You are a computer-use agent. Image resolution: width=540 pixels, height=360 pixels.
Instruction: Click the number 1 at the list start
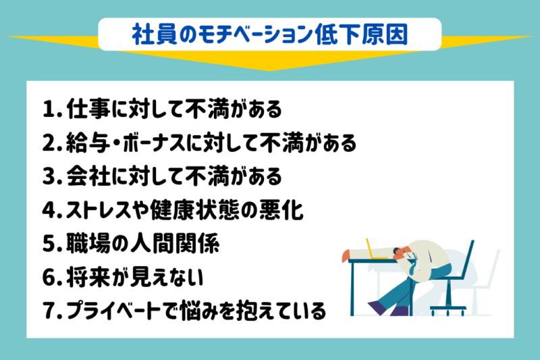pos(48,109)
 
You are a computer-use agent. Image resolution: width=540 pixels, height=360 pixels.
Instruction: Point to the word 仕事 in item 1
pos(85,109)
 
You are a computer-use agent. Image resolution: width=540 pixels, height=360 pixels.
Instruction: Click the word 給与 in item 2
pos(85,143)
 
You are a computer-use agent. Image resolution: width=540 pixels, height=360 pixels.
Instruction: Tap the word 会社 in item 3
pos(85,177)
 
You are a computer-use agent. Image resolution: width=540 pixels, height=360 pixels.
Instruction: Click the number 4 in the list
pos(48,211)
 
